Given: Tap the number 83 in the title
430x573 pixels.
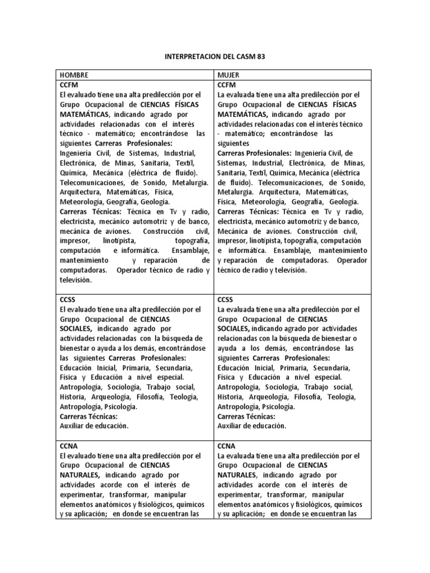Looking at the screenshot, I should click(262, 58).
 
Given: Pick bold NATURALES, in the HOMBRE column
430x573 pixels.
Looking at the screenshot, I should click(80, 475).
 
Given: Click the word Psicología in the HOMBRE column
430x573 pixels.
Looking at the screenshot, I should click(123, 406).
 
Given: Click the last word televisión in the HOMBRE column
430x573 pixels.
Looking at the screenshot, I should click(76, 280).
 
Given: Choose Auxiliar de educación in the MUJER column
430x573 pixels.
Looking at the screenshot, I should click(251, 426).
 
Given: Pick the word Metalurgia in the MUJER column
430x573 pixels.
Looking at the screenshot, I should click(235, 192).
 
